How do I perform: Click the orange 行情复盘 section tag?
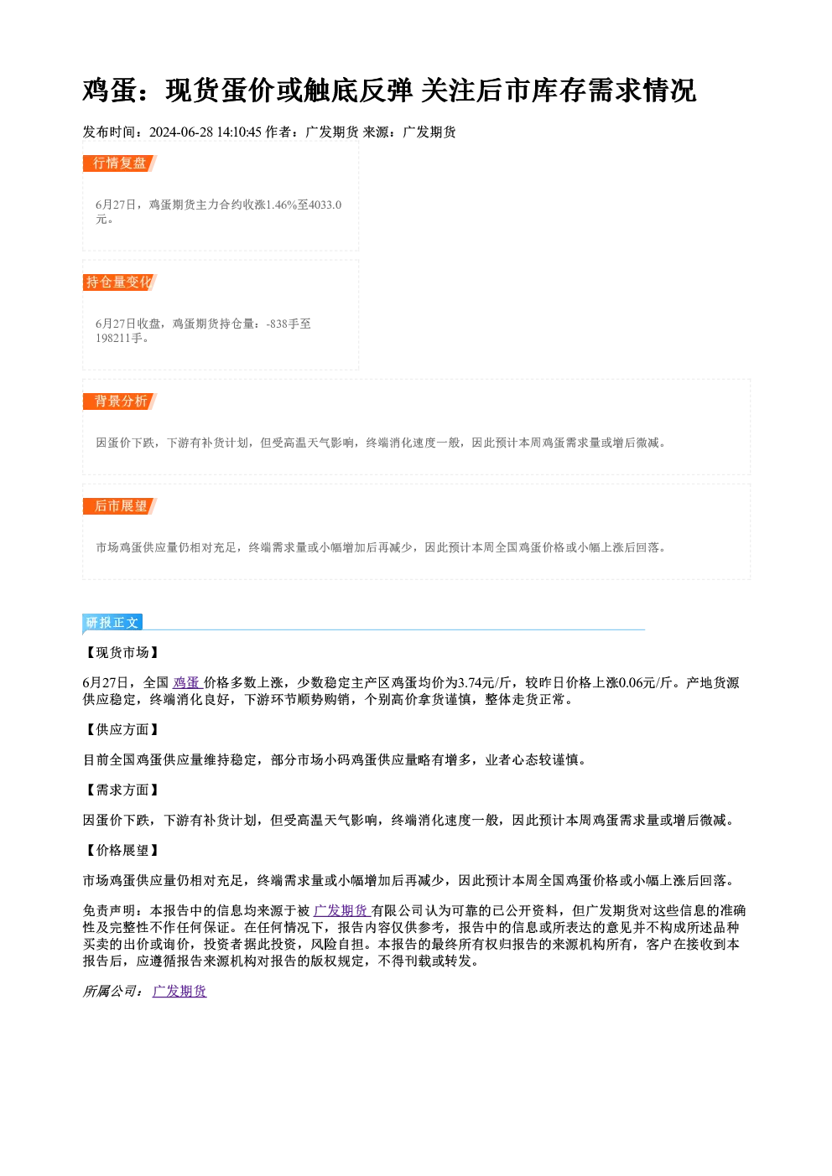click(x=120, y=163)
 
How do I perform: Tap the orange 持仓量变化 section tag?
click(x=120, y=282)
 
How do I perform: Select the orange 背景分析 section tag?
click(x=120, y=401)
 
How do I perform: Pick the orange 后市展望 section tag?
click(x=120, y=506)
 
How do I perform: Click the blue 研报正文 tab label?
click(x=112, y=623)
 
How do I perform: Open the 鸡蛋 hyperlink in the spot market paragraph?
click(x=188, y=683)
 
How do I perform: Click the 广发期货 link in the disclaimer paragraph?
click(x=342, y=911)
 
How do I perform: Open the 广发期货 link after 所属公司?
click(x=179, y=992)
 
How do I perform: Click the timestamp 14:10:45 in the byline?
click(x=239, y=132)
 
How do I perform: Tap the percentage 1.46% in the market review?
click(x=281, y=205)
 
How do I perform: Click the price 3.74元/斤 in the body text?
click(x=485, y=683)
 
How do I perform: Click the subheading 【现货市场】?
click(x=122, y=653)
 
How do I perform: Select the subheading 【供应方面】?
click(x=122, y=729)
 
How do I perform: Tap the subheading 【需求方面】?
click(x=122, y=790)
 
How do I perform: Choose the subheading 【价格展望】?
click(x=122, y=850)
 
